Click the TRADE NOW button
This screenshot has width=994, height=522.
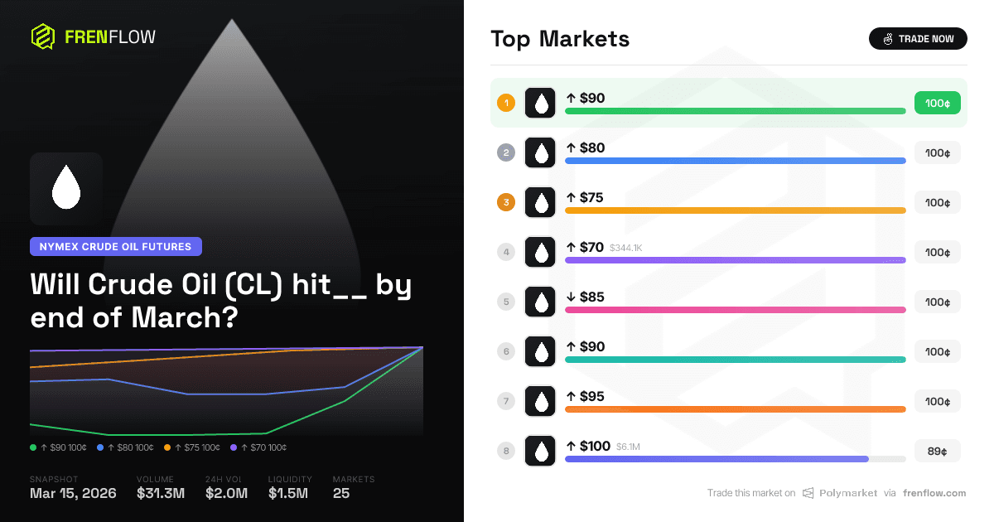917,38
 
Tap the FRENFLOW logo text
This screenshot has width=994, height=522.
109,36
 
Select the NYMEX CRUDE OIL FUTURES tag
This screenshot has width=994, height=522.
115,246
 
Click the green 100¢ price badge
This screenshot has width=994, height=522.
937,103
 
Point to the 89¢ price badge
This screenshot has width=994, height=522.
937,451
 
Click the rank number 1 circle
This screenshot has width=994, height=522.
506,103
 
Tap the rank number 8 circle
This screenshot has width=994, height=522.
506,451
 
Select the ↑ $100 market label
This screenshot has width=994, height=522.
588,446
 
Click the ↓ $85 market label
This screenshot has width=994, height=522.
585,297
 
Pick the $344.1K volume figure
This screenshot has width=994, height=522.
626,248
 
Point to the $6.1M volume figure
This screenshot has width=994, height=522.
628,447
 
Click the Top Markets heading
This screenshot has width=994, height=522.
560,39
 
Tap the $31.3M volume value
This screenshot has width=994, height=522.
161,493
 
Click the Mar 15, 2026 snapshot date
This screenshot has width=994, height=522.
73,493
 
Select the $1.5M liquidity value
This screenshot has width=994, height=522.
287,493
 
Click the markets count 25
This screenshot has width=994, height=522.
340,493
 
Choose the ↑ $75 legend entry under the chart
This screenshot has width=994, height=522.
192,447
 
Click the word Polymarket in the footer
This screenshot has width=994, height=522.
848,493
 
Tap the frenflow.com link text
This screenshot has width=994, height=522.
934,493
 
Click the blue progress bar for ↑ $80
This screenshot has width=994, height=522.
735,161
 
